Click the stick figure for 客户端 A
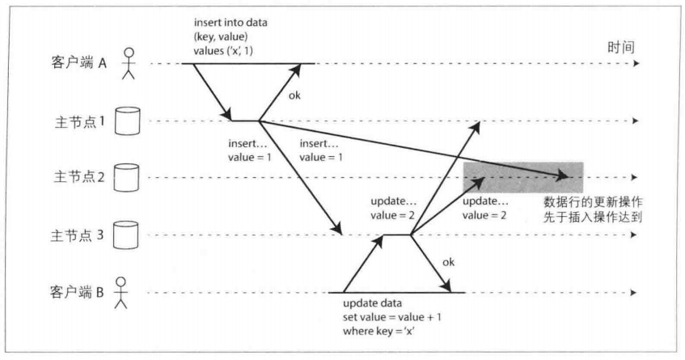(x=129, y=63)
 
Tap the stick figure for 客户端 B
(x=121, y=293)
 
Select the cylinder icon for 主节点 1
(x=128, y=121)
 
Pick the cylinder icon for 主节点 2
(x=127, y=177)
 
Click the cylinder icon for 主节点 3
(x=126, y=235)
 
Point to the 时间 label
(x=621, y=47)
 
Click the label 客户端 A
(x=78, y=63)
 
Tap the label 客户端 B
(x=77, y=292)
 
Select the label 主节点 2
(x=79, y=177)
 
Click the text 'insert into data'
(x=230, y=23)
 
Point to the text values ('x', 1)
(x=223, y=51)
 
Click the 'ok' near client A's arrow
(x=294, y=95)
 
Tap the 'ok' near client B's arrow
(x=448, y=262)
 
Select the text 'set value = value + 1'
(x=392, y=317)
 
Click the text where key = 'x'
(x=378, y=331)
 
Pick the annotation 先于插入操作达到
(x=593, y=217)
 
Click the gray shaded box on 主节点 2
(x=523, y=177)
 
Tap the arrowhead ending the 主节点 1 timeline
(x=636, y=121)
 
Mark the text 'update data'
(x=372, y=303)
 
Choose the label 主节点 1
(x=80, y=121)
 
